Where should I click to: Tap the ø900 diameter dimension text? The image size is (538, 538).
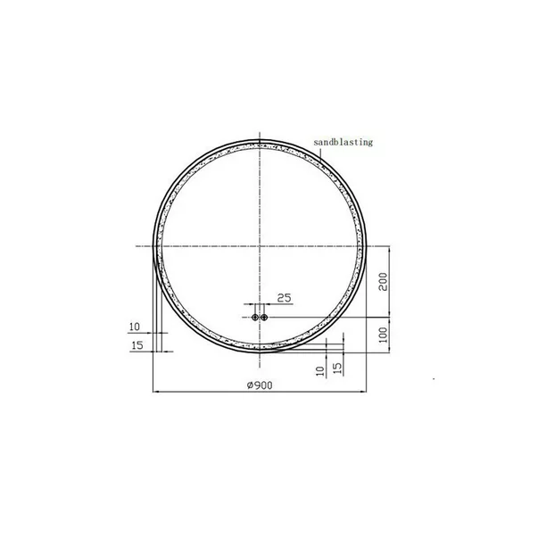259,385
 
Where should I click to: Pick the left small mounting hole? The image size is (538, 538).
254,317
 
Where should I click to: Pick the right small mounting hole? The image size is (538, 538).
264,317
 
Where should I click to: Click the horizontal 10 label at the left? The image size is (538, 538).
135,327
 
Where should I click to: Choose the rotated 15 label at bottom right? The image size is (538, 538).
336,367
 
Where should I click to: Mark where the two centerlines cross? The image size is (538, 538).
259,245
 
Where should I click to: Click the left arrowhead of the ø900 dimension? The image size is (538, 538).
156,392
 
